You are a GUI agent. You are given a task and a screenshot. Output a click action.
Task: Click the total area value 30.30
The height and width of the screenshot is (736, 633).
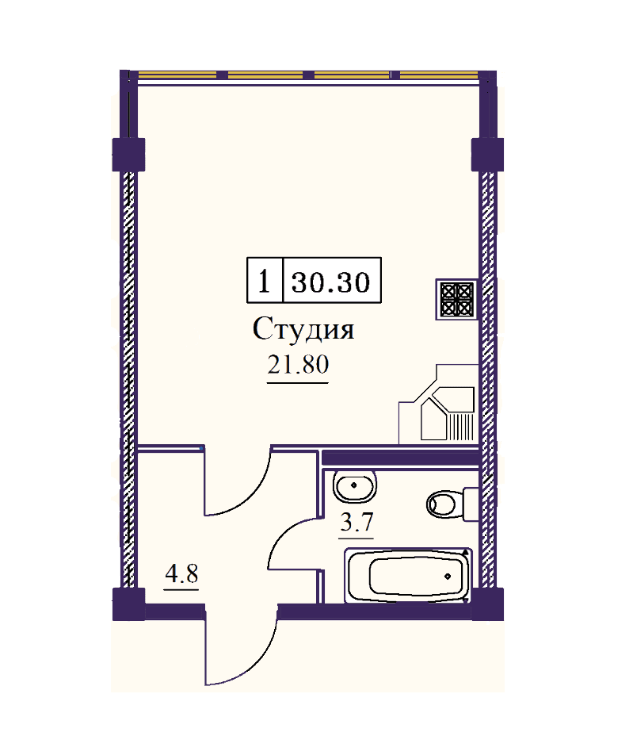[331, 282]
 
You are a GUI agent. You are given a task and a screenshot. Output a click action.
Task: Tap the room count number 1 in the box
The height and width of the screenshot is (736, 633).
[264, 282]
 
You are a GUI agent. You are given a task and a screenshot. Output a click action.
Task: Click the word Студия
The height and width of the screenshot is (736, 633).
[303, 329]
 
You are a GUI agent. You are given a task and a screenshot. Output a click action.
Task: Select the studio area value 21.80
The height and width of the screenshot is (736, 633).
[298, 364]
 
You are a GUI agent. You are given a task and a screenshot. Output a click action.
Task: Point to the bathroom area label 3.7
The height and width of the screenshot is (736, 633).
[357, 522]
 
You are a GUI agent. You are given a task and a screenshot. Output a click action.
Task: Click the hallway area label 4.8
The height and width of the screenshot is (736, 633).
[181, 573]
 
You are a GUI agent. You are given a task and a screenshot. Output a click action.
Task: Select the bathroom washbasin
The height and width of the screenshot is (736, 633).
[354, 485]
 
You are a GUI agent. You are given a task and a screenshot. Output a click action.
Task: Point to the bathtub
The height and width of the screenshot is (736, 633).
[408, 575]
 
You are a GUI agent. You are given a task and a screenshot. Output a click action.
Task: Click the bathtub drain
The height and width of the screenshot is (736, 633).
[448, 576]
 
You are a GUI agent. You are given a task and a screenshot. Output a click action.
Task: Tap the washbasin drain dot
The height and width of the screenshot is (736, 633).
[353, 485]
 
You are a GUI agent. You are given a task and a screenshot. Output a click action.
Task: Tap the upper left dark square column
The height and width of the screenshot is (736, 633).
[128, 155]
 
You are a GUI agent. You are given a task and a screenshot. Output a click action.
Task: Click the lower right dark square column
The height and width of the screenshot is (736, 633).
[487, 604]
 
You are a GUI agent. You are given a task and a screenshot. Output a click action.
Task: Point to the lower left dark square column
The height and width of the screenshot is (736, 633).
[128, 604]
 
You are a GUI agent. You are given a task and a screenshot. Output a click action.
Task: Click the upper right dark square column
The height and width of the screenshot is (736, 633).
[487, 155]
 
